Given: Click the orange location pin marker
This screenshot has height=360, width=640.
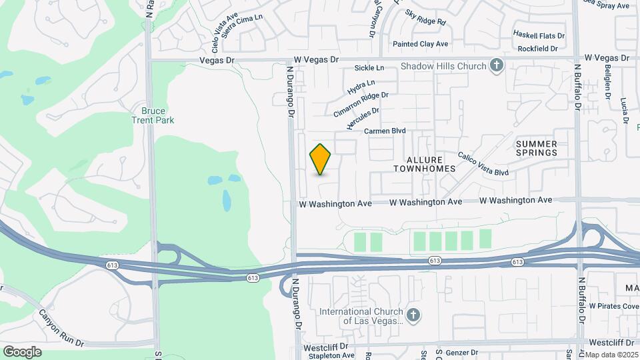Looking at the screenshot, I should (321, 159).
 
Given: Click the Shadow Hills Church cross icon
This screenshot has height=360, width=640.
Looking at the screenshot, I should (496, 65).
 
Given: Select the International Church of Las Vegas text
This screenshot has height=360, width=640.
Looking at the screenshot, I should (361, 316).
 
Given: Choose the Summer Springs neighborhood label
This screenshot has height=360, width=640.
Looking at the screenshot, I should (536, 148).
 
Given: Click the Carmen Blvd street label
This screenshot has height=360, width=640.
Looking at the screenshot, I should (385, 131).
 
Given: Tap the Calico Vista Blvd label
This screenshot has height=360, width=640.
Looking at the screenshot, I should (483, 164).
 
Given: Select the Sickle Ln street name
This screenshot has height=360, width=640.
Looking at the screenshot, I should (369, 68).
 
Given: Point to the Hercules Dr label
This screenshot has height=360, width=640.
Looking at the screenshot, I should (363, 119).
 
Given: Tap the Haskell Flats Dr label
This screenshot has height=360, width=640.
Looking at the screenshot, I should (539, 34).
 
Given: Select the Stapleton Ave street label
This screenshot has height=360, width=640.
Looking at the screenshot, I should (329, 356).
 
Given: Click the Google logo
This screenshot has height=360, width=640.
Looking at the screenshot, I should (22, 352).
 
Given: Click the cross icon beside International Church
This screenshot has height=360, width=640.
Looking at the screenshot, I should (413, 315).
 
